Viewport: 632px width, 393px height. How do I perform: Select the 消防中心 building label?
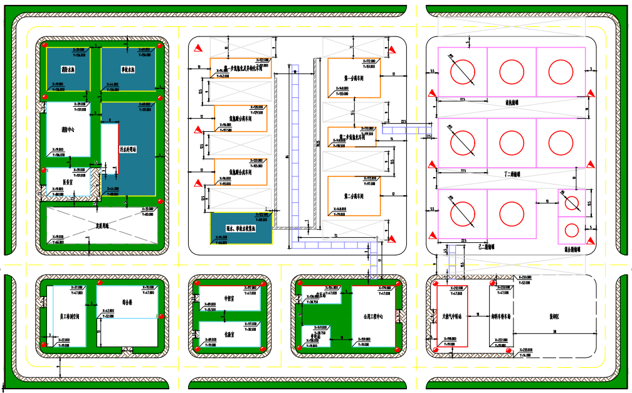coord(69,130)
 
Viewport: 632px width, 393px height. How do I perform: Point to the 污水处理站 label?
coord(129,151)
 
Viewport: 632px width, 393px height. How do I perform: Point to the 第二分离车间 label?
coord(354,196)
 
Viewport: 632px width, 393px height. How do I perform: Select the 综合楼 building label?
coord(128,302)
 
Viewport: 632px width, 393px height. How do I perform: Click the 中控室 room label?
coord(229,299)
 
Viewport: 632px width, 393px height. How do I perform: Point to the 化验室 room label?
coord(229,335)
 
